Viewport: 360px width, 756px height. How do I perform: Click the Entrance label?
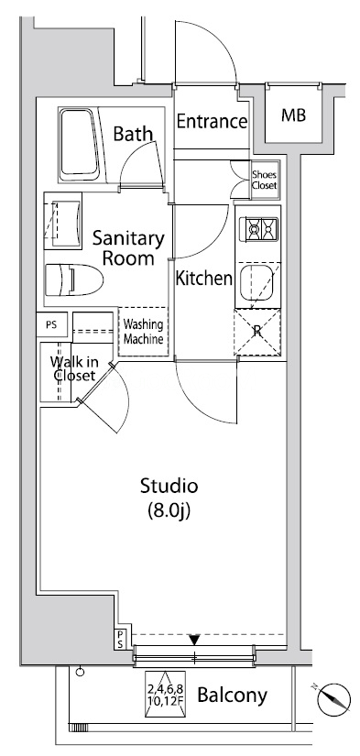[212, 122]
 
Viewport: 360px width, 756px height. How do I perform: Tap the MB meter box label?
[294, 115]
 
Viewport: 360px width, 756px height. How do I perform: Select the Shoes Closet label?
[265, 181]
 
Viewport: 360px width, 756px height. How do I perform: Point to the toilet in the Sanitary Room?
[74, 279]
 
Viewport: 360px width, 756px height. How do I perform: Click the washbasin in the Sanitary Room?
[62, 220]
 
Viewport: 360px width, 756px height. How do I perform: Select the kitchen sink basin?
[256, 282]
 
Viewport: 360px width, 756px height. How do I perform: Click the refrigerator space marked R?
[257, 334]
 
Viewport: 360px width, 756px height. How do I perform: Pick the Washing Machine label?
[143, 332]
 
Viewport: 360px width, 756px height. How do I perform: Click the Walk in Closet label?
[73, 369]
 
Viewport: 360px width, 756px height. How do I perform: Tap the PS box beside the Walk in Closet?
[51, 324]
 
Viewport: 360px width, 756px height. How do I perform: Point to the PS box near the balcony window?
[119, 640]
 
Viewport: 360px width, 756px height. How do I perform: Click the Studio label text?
[169, 486]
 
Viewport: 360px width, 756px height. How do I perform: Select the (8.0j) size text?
[169, 511]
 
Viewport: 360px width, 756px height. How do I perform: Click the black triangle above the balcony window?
[194, 640]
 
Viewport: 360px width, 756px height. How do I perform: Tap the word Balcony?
[233, 696]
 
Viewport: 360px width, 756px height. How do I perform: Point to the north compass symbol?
[333, 697]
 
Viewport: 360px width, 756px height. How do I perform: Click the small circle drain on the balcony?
[80, 672]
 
